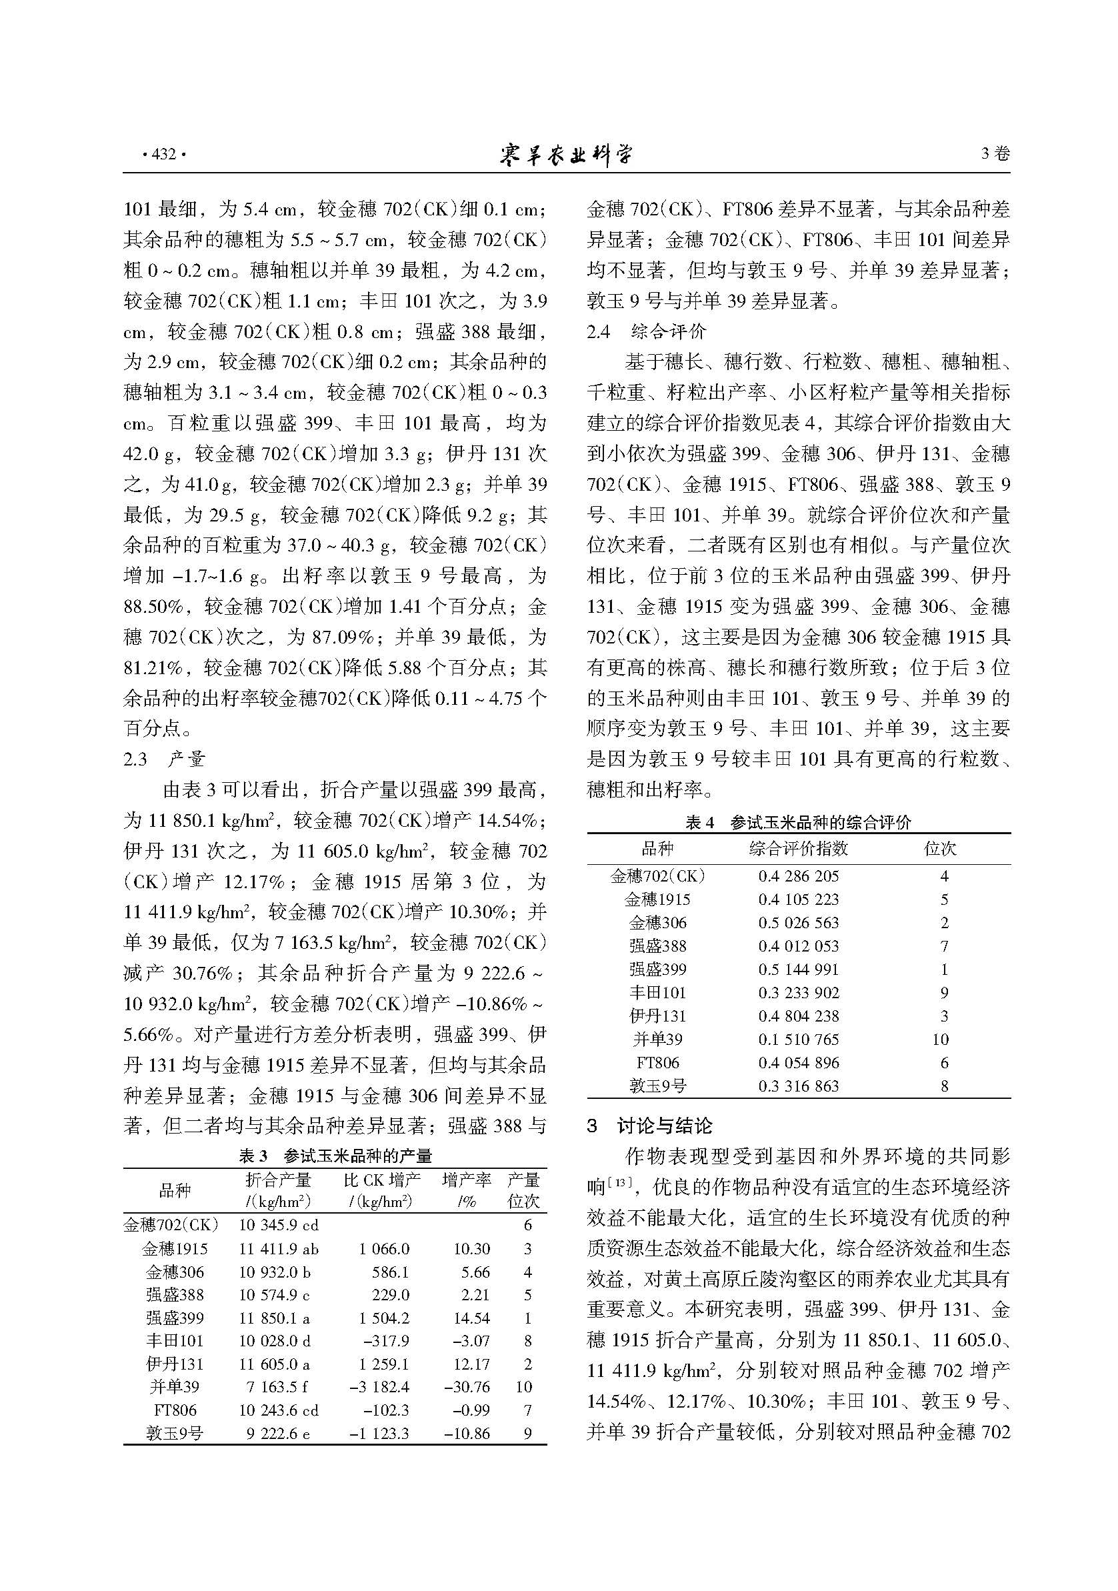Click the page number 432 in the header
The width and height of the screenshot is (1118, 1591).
click(x=163, y=154)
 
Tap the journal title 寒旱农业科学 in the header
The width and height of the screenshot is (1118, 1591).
click(x=566, y=154)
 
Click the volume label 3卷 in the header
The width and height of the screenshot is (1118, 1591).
click(x=995, y=154)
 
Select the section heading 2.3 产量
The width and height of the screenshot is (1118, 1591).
click(x=164, y=759)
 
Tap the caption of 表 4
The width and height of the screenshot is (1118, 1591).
click(x=798, y=823)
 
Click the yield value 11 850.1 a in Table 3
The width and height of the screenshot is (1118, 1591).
click(x=278, y=1318)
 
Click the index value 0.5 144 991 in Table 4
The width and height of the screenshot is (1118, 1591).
click(x=798, y=969)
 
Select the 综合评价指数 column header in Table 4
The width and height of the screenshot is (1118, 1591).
click(x=798, y=848)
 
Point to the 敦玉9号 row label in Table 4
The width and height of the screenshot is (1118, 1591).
click(x=657, y=1085)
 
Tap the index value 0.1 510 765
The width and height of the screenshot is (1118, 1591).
click(x=798, y=1039)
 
